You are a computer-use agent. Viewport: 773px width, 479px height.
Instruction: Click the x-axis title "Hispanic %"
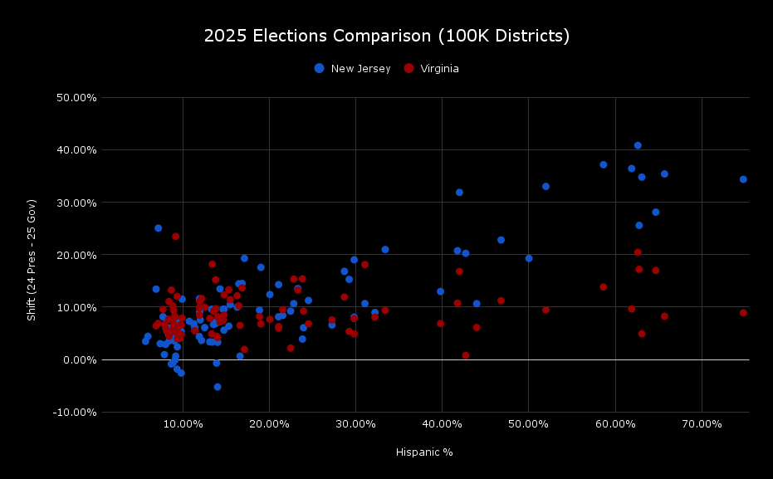[424, 452]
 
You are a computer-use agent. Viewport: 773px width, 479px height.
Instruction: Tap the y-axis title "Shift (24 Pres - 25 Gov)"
[32, 260]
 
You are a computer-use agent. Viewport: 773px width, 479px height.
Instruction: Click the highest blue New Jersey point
[638, 145]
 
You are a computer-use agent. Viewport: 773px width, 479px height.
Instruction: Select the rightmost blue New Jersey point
[743, 179]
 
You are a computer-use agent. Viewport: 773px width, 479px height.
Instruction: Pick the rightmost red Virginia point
[743, 313]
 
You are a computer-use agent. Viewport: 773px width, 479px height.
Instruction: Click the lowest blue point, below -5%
[218, 387]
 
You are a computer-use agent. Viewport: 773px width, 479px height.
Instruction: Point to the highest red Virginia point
[175, 237]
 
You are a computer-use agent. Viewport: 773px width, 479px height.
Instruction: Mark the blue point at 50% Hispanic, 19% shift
[529, 258]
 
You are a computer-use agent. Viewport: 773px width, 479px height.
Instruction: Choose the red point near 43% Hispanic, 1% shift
[466, 355]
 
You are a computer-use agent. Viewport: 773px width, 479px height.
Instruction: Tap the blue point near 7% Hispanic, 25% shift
[158, 228]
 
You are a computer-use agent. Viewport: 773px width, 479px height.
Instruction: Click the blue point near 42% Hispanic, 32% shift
[459, 193]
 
